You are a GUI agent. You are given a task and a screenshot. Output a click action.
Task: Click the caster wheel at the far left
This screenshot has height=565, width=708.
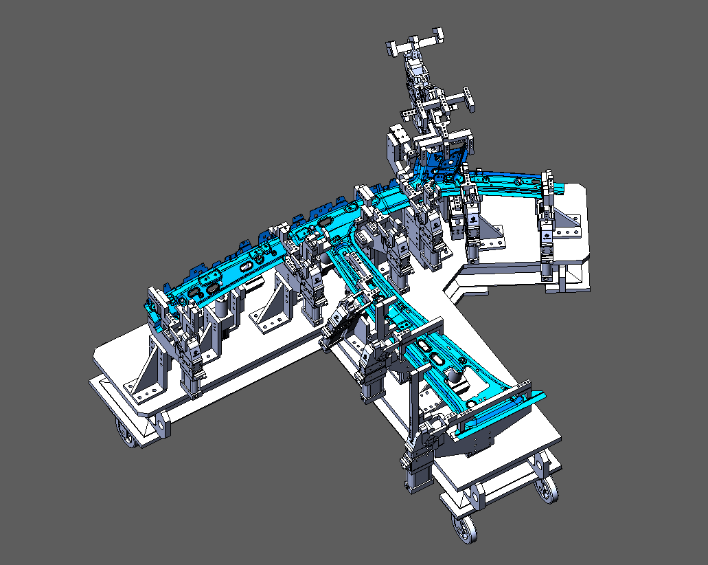125,434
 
